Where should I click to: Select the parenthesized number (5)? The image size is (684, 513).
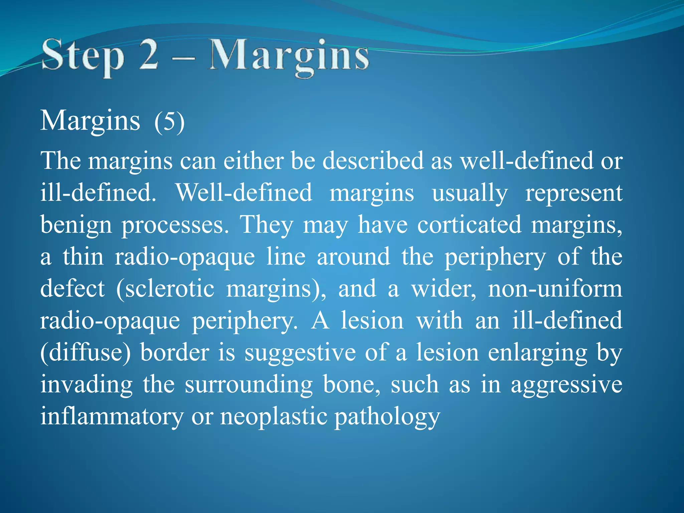tap(169, 122)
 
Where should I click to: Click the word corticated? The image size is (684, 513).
tap(469, 224)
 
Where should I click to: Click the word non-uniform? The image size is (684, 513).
tap(555, 289)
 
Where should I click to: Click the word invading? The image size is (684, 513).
tap(87, 385)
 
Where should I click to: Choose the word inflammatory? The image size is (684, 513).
tap(112, 417)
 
